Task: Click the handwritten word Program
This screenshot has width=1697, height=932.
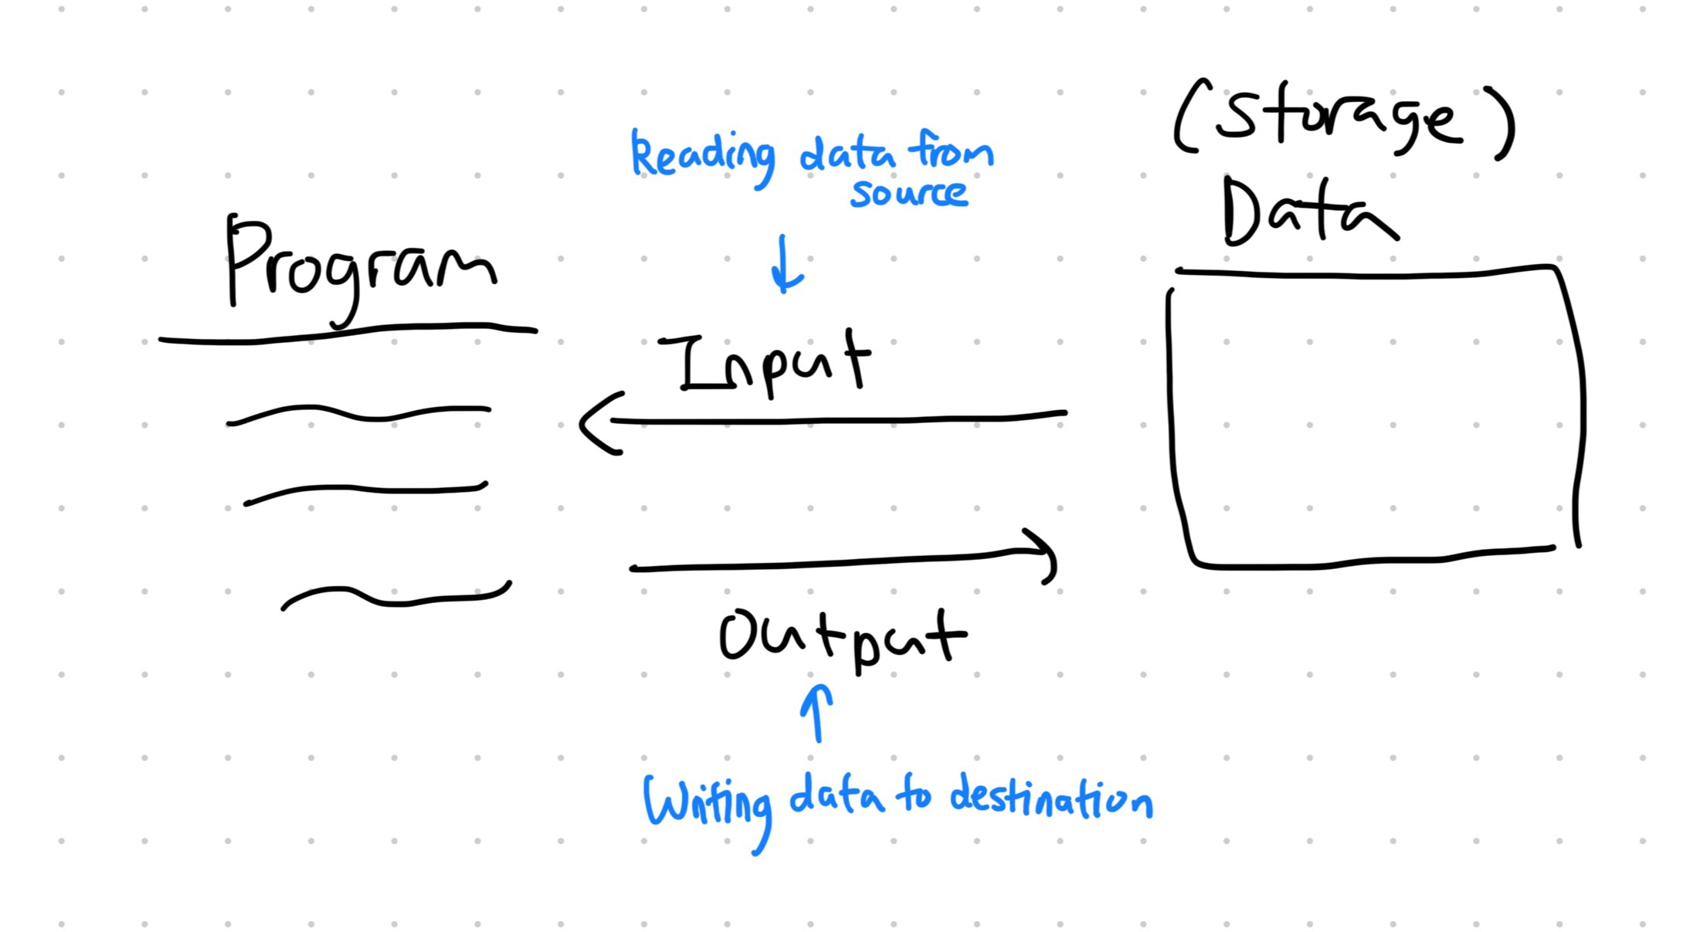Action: [x=359, y=266]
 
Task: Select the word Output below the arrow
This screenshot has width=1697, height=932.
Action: [x=842, y=637]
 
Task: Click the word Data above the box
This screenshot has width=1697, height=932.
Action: [x=1305, y=212]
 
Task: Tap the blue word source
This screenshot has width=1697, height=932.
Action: [x=908, y=193]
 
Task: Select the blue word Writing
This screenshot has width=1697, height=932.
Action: [x=707, y=803]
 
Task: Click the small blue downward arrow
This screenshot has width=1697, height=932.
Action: [x=786, y=266]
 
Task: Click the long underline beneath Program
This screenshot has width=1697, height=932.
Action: [x=348, y=333]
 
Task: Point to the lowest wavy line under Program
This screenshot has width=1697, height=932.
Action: [x=394, y=599]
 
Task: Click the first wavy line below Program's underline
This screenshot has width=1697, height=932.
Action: [x=359, y=414]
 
